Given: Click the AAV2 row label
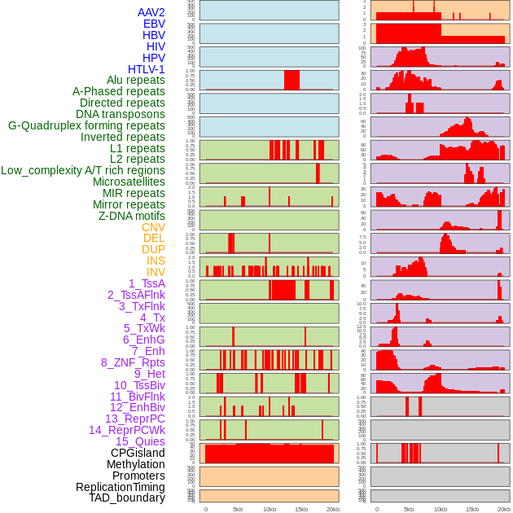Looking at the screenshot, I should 151,12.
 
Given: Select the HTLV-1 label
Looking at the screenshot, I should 147,69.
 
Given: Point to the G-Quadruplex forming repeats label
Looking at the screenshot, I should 86,125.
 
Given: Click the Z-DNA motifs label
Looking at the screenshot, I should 132,216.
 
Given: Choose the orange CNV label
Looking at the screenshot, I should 153,227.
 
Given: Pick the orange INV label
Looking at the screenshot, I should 156,272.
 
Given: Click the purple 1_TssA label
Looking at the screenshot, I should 147,283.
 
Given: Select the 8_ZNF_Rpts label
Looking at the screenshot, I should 133,362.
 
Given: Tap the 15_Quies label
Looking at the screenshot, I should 140,441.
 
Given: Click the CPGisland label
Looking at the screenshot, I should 138,453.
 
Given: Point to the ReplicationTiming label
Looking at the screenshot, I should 121,487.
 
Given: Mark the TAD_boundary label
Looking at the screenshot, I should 127,498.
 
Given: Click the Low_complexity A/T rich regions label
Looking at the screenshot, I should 83,170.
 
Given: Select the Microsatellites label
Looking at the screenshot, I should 129,182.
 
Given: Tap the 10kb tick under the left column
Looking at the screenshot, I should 269,509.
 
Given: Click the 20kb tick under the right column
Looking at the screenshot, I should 504,509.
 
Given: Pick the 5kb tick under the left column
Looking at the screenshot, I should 238,509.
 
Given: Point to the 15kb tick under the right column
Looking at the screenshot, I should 472,509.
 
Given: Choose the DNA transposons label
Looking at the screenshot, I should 121,114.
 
